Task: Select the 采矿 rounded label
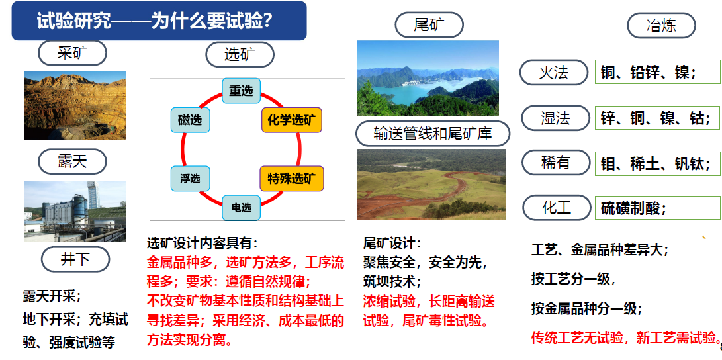click(72, 53)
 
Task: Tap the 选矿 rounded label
click(240, 55)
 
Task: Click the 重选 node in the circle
click(242, 91)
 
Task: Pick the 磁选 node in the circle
click(190, 120)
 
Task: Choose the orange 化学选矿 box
click(291, 120)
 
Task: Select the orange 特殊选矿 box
click(292, 179)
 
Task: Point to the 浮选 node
click(190, 179)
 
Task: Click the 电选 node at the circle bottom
click(242, 208)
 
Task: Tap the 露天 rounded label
click(72, 161)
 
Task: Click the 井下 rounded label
click(75, 259)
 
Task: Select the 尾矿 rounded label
click(429, 25)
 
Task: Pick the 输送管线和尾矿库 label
click(433, 134)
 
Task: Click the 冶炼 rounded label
click(661, 25)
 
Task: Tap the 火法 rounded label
click(555, 72)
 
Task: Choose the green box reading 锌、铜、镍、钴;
click(658, 118)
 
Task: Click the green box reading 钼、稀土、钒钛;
click(658, 163)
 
